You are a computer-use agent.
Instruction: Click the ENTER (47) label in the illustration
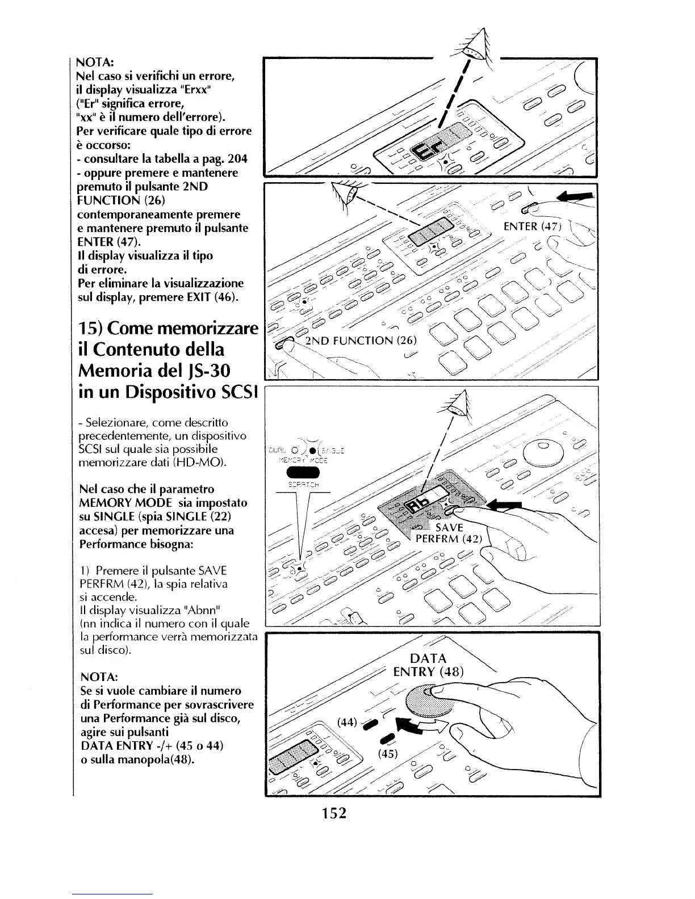pos(532,226)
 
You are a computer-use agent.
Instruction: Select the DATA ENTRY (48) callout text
pos(429,665)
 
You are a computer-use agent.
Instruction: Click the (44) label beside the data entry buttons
pos(347,722)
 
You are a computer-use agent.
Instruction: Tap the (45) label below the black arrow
pos(389,754)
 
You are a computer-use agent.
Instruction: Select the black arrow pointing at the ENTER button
pos(576,197)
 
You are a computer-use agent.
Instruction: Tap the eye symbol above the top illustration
pos(474,46)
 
